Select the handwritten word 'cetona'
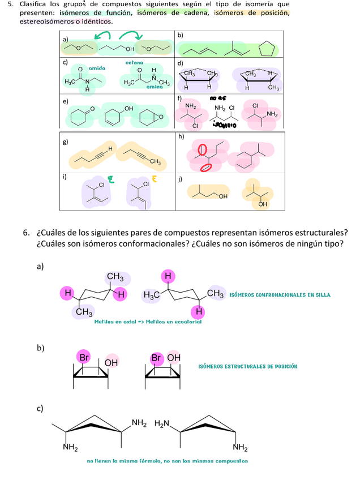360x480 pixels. point(134,63)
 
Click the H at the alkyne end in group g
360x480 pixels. point(110,148)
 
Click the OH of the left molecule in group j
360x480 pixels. point(222,196)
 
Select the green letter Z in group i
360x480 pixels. point(112,180)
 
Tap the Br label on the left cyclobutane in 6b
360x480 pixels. point(84,358)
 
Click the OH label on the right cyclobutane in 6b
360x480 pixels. point(174,358)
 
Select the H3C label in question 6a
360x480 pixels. point(151,294)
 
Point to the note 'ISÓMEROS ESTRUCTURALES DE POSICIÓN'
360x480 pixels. point(248,366)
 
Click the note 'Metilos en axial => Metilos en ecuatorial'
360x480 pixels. point(148,322)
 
